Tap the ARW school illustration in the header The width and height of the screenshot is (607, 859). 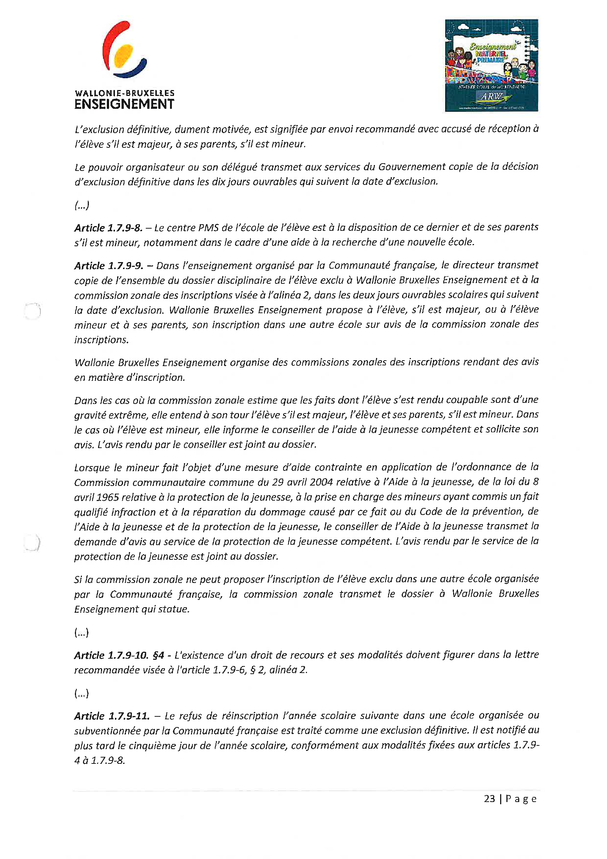tap(491, 65)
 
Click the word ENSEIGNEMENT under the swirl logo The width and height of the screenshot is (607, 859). tap(124, 104)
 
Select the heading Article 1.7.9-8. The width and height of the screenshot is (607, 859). tap(108, 228)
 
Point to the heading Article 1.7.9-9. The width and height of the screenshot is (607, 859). tap(108, 266)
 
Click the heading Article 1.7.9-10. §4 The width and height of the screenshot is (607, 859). tap(119, 655)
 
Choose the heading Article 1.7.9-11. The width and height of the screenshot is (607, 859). tap(111, 716)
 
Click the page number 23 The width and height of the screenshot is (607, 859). tap(489, 799)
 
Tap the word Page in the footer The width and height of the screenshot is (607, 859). tap(521, 799)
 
